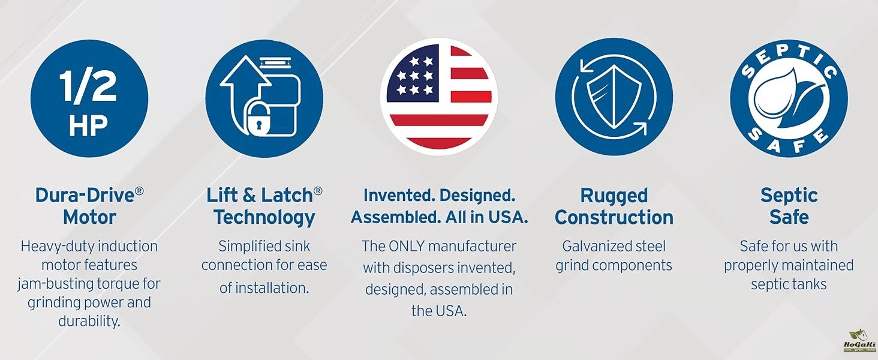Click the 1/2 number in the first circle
(x=88, y=86)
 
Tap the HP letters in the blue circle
(x=88, y=126)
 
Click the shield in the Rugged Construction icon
(x=614, y=97)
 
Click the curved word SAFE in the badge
(x=789, y=140)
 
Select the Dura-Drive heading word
(x=85, y=195)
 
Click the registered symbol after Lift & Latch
(x=318, y=191)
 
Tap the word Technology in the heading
(x=264, y=218)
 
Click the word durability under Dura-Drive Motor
(x=89, y=322)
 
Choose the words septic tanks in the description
(x=789, y=284)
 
